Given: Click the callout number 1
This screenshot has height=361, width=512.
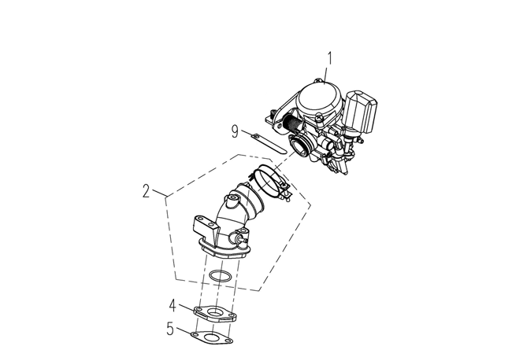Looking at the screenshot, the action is click(x=330, y=58).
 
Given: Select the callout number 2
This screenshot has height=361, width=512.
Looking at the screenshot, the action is click(x=146, y=191).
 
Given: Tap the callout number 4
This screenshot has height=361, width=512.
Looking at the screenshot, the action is click(x=173, y=306).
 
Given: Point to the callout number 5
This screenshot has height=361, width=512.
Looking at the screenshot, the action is click(x=170, y=329).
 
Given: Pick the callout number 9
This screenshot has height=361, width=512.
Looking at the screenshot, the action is click(x=235, y=132).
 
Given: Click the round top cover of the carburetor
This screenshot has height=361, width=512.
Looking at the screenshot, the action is click(x=319, y=99).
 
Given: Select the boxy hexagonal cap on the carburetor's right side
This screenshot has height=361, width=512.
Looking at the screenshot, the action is click(x=361, y=111).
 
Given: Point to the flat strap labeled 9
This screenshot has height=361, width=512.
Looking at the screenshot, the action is click(x=269, y=143).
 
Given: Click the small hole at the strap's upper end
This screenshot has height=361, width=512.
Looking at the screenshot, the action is click(x=257, y=135).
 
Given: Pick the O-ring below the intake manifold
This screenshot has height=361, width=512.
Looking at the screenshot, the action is click(x=220, y=276).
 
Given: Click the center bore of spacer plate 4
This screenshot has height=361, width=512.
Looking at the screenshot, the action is click(x=215, y=312).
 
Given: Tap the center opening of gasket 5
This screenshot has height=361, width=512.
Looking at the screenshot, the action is click(x=212, y=336).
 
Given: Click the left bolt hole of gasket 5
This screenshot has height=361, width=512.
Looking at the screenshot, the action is click(x=195, y=334).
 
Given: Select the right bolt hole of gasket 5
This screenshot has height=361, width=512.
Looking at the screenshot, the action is click(x=229, y=341).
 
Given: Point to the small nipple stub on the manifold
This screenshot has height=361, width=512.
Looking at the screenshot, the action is click(x=241, y=241).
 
